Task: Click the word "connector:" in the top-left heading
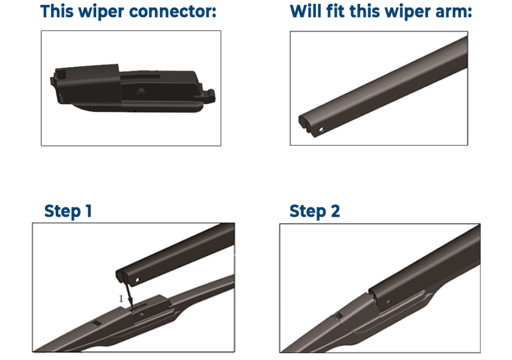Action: point(173,11)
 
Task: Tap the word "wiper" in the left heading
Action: point(101,12)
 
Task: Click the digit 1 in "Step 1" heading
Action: point(89,211)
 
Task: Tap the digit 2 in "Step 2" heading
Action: point(335,211)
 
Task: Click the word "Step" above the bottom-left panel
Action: point(63,212)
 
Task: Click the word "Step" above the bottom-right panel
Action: point(308,212)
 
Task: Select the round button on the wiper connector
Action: point(141,92)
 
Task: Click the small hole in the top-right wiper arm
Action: point(321,129)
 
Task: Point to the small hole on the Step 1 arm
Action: point(137,280)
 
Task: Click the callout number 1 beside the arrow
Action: point(121,298)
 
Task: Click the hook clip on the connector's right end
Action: point(209,95)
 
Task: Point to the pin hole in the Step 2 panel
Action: point(389,302)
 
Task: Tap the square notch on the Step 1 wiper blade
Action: point(96,323)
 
